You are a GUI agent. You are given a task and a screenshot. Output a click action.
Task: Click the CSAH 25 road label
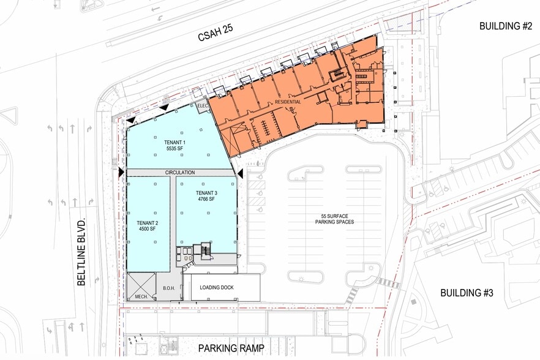pos(216,32)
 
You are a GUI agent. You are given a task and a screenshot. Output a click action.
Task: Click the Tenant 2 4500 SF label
pos(148,226)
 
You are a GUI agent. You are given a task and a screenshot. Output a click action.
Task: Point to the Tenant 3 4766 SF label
pos(207,196)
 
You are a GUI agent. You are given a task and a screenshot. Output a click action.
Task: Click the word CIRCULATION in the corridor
pos(180,172)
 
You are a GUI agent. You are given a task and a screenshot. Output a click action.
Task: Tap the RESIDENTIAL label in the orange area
pos(288,102)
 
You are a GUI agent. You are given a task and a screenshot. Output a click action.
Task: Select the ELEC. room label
pos(203,106)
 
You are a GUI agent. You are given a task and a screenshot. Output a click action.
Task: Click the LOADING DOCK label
pos(217,287)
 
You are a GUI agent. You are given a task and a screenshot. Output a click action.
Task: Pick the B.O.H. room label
pos(169,288)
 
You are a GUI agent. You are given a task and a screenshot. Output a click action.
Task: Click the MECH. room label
pos(141,296)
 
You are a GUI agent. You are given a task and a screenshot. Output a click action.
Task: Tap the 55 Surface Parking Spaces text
pos(334,219)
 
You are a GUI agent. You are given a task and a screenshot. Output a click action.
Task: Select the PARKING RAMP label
pos(231,348)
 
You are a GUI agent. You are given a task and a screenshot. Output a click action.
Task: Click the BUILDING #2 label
pos(506,26)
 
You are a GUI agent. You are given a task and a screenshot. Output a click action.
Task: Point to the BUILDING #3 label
pos(467,293)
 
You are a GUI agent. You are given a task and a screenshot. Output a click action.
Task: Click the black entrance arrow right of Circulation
pos(241,173)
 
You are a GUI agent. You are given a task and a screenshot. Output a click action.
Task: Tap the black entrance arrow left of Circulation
pos(121,172)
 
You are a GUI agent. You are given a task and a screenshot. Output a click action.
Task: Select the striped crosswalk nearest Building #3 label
pos(388,283)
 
